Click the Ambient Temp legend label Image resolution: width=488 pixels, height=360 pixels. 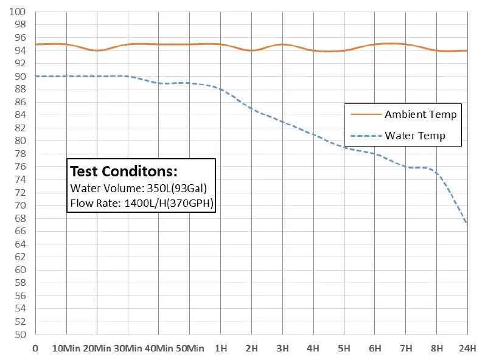tap(420, 114)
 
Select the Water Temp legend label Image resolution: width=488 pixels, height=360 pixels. tap(415, 136)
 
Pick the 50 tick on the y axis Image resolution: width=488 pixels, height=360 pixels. tap(21, 334)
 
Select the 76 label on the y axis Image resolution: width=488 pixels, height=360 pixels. tap(21, 167)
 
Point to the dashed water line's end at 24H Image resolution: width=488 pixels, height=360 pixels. tap(467, 223)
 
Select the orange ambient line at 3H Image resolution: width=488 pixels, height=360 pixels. tap(282, 44)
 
